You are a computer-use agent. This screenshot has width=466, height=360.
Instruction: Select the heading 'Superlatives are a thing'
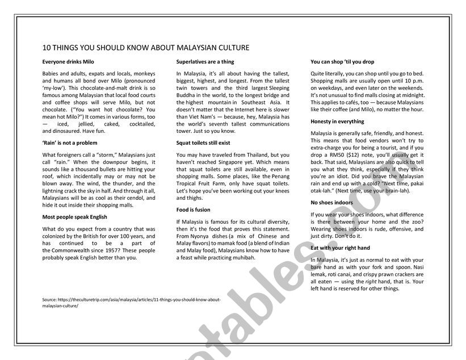(x=205, y=61)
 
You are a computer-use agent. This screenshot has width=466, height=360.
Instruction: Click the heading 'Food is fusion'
(x=194, y=210)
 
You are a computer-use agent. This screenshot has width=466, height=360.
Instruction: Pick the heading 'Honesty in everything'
(x=338, y=122)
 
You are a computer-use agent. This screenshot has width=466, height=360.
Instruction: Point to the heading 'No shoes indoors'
(x=332, y=203)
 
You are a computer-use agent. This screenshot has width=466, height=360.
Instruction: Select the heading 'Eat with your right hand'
(x=341, y=248)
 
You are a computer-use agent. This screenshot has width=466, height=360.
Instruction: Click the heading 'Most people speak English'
(x=75, y=217)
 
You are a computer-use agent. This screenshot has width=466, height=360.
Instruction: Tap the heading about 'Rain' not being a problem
(x=70, y=143)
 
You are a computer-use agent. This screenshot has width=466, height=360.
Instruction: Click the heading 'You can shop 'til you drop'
(x=342, y=61)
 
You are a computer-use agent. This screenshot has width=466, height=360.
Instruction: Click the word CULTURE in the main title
(x=230, y=48)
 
